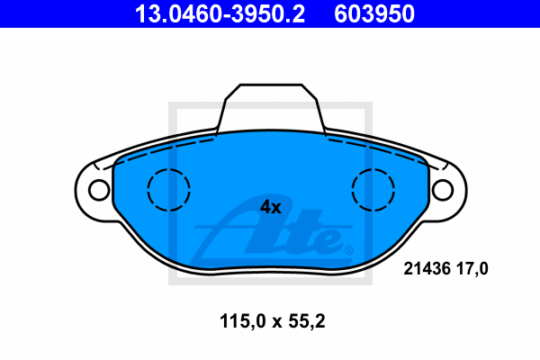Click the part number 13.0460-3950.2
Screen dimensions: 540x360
coord(220,14)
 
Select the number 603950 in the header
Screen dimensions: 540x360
coord(374,14)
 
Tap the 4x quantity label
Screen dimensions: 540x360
coord(270,207)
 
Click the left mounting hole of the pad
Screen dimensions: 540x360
coord(99,190)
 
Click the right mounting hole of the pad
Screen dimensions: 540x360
coord(443,190)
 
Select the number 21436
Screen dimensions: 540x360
coord(427,269)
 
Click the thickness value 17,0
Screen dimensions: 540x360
coord(472,269)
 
